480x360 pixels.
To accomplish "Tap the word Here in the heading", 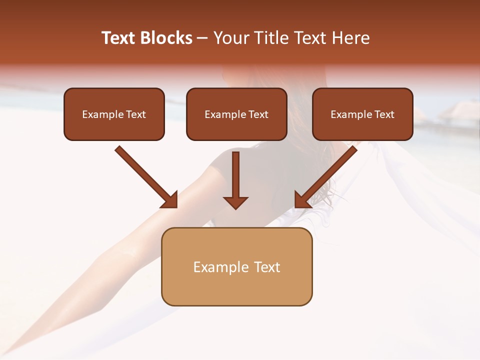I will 351,38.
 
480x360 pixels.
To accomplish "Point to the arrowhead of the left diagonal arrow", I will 170,201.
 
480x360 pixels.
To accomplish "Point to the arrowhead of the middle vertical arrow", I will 235,202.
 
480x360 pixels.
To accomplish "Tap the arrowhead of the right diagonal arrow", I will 301,201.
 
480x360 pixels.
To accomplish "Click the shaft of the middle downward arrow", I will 235,172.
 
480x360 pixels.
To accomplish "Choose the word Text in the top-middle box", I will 258,114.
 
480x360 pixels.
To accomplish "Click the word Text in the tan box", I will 267,267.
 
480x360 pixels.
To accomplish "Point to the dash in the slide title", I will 202,38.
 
